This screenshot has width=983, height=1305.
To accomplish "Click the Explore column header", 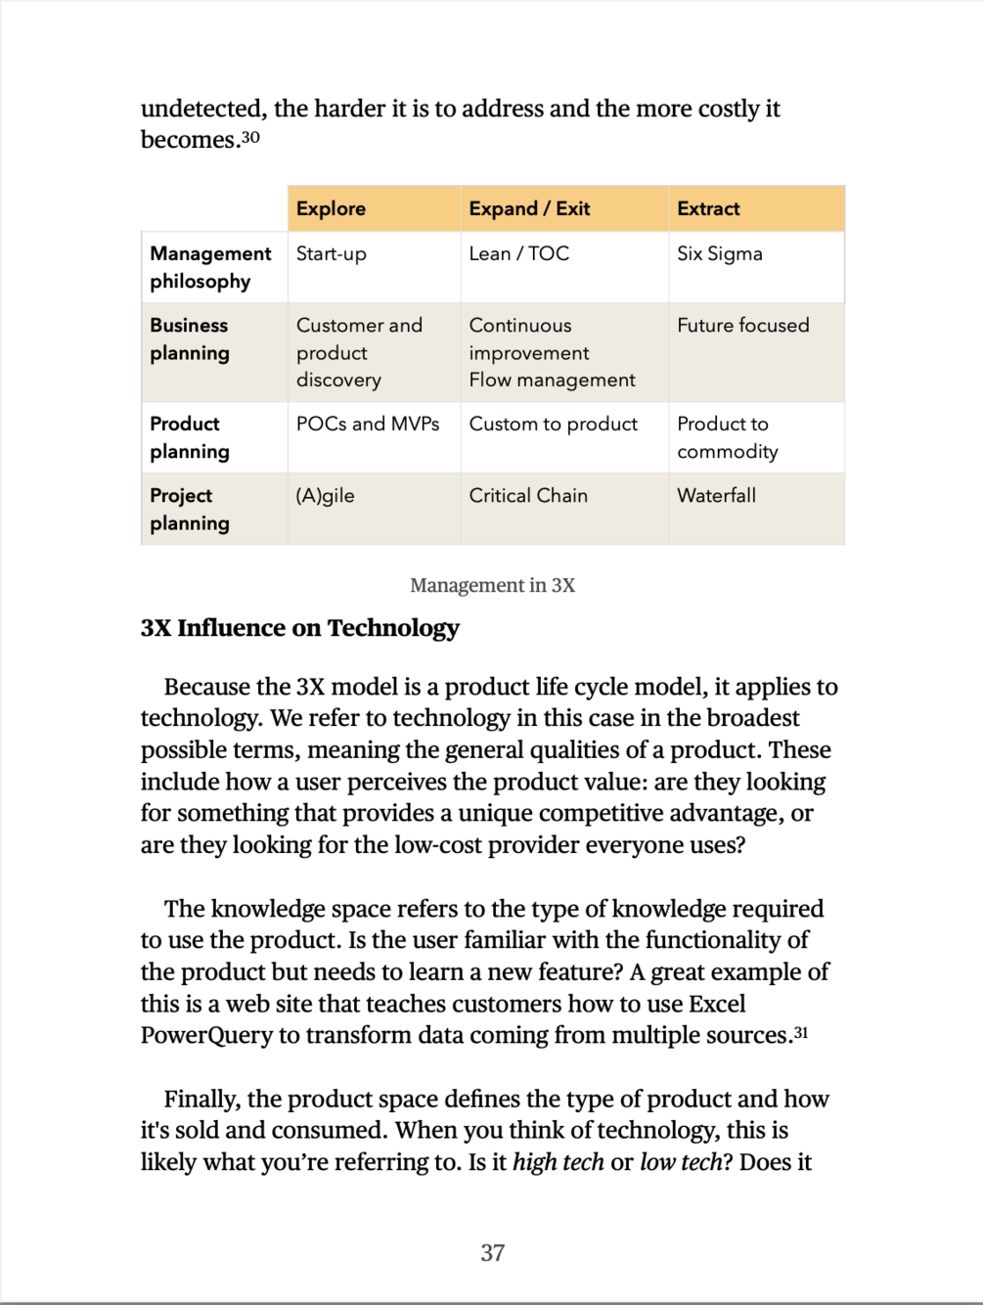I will [331, 208].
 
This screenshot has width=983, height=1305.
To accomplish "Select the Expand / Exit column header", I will [529, 208].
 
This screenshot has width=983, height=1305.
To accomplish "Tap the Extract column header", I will [708, 208].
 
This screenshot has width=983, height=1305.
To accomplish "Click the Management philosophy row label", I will [210, 267].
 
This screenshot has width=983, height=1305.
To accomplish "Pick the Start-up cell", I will [332, 253].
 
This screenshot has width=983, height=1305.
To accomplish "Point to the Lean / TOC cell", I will [518, 253].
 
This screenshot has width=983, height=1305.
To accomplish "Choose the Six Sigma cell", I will [720, 253].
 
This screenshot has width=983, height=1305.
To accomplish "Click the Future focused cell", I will [743, 325].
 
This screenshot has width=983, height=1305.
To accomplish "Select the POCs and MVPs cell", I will [368, 424].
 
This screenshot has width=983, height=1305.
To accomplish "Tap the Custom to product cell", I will [553, 424].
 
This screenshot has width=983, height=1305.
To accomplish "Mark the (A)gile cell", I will [325, 495].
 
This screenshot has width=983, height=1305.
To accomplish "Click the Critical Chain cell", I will [528, 495].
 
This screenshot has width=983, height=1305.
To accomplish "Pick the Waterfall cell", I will [716, 495].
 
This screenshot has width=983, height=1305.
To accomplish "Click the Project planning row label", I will [190, 509].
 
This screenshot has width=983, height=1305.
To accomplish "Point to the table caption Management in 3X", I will [492, 585].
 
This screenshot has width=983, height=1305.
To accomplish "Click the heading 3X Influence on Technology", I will [299, 628].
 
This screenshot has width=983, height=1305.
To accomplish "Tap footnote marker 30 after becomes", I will [250, 137].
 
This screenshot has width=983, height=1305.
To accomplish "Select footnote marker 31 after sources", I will [800, 1032].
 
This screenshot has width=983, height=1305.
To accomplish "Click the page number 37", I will [492, 1252].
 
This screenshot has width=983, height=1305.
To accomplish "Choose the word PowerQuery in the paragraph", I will [206, 1035].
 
